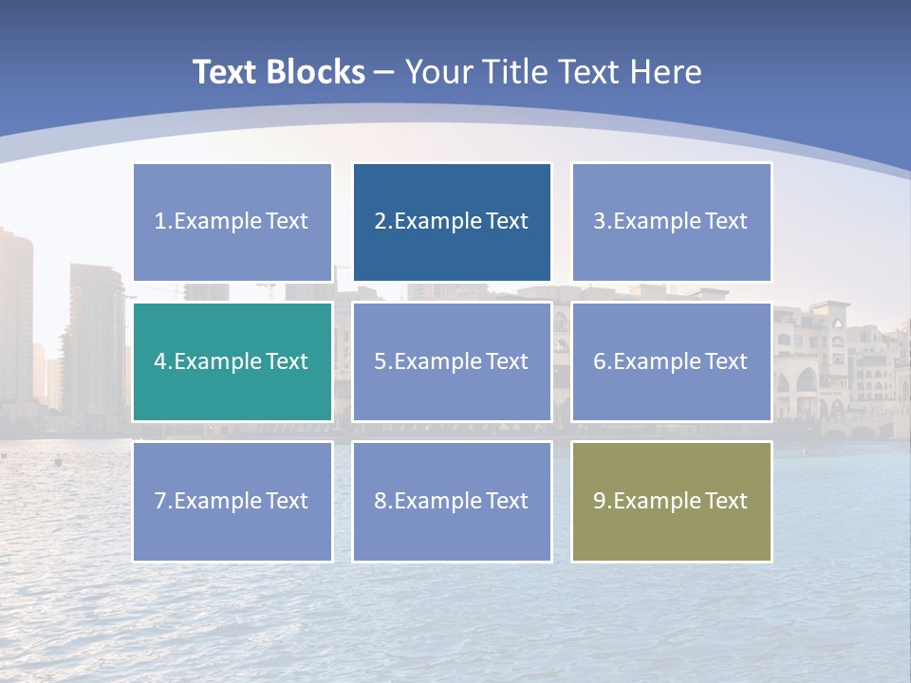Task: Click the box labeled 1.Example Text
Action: (232, 222)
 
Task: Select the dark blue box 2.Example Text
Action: (452, 222)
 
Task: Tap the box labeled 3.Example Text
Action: (671, 222)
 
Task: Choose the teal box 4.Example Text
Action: (232, 361)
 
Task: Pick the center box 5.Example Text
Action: (452, 361)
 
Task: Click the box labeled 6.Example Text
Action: (671, 361)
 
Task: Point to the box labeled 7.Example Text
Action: (232, 501)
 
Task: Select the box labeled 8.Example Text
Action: (452, 501)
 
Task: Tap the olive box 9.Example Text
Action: (671, 501)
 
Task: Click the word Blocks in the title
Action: (316, 72)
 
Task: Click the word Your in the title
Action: (438, 72)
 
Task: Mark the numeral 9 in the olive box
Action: (600, 501)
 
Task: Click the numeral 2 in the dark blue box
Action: (381, 222)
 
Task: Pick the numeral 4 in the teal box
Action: (160, 361)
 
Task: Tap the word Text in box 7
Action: (287, 501)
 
